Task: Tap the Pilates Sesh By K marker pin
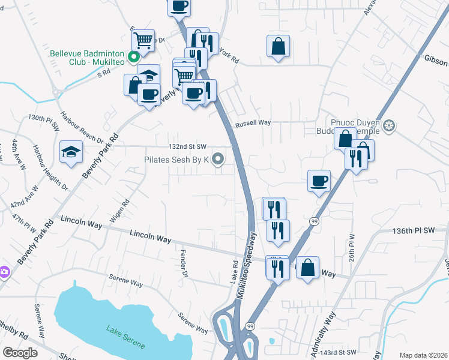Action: pos(218,160)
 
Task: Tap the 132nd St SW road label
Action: pos(188,146)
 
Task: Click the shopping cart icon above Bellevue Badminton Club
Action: pos(143,40)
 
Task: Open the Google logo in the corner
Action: pos(20,353)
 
